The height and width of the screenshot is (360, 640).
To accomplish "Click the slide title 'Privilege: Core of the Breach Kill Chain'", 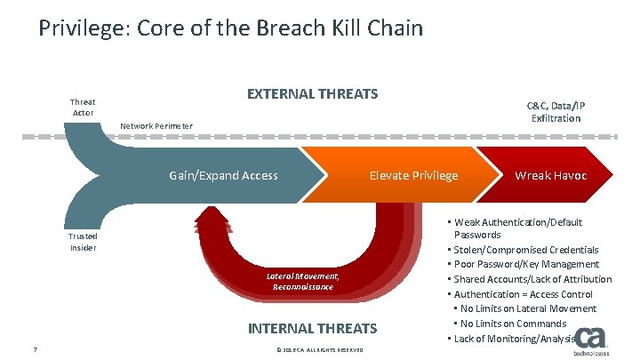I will [x=231, y=28].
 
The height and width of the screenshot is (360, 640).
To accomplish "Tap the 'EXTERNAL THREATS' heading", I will [x=312, y=93].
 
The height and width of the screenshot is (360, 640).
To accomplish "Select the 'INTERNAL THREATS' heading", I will [x=312, y=328].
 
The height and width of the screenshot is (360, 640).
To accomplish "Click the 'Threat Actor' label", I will [x=83, y=108].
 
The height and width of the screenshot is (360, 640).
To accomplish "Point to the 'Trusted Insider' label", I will [x=83, y=242].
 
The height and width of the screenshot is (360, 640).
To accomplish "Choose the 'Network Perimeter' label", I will [x=156, y=125].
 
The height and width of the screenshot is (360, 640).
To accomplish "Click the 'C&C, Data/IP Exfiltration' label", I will [x=556, y=111].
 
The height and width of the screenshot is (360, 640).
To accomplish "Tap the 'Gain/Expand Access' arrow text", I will [x=223, y=175].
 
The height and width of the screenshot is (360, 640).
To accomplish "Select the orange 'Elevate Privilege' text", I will [x=413, y=175].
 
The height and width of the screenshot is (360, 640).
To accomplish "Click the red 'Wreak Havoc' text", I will [x=551, y=175].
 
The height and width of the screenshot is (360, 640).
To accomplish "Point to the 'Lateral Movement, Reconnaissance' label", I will [x=303, y=282].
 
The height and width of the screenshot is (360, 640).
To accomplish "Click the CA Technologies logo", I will [x=589, y=341].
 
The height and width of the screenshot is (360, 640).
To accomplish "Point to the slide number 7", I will [x=34, y=348].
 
